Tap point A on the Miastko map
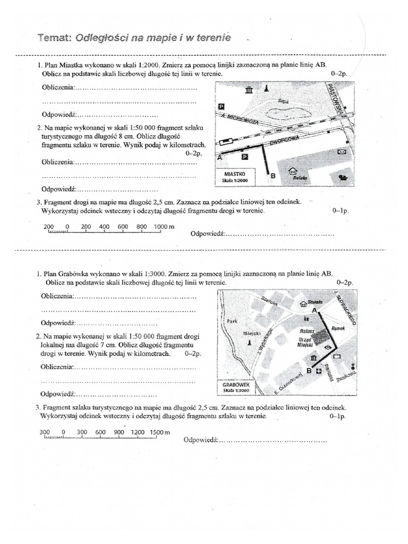(219, 158)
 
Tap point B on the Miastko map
(273, 175)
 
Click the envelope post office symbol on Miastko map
(342, 152)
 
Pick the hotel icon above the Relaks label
(292, 172)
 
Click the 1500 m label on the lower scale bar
(159, 432)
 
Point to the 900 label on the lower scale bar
(119, 432)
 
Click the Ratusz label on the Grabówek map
(307, 330)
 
